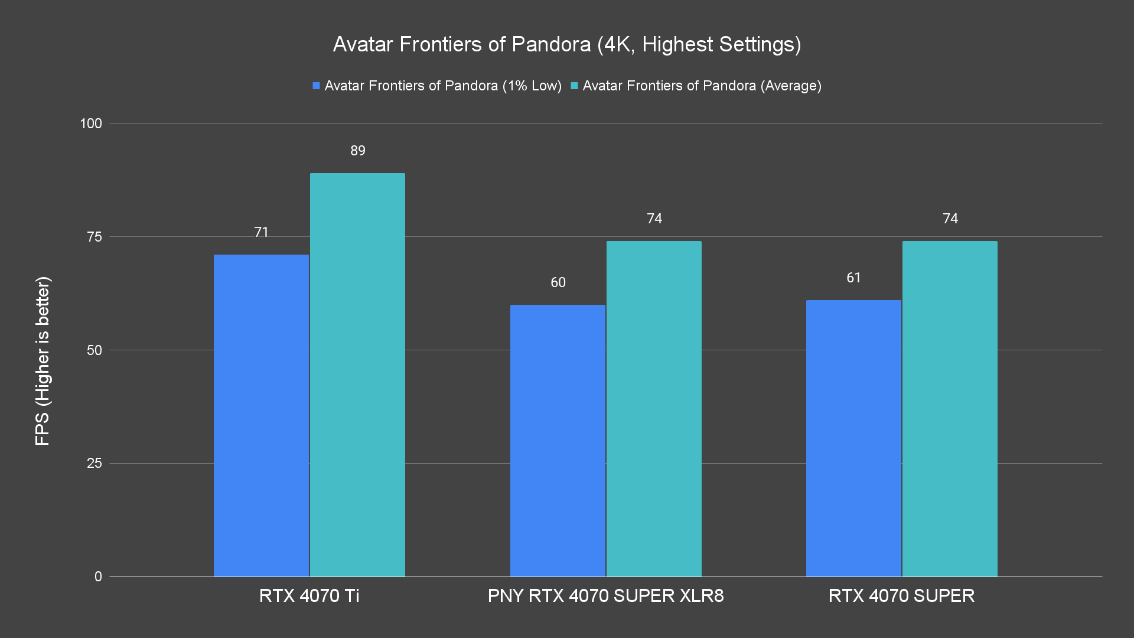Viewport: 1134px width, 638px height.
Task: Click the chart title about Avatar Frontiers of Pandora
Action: [x=567, y=44]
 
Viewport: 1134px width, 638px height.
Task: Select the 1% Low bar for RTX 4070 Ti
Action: [x=261, y=415]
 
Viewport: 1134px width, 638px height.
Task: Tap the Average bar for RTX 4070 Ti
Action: [x=357, y=375]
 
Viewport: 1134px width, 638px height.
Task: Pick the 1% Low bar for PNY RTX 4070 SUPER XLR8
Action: [x=558, y=440]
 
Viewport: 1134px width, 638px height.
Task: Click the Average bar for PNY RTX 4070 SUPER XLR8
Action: [x=654, y=409]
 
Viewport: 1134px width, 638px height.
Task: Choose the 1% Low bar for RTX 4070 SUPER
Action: [x=853, y=438]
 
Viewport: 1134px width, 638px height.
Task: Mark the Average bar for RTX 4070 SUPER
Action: [x=950, y=409]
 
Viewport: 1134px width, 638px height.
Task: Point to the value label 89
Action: [x=358, y=151]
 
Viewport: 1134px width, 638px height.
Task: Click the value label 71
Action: [x=262, y=232]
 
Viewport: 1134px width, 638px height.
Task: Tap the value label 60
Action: [x=558, y=282]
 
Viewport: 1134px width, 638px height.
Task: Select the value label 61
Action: [x=854, y=278]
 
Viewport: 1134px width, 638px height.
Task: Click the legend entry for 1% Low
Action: [x=437, y=86]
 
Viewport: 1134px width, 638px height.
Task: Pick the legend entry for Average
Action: [x=696, y=86]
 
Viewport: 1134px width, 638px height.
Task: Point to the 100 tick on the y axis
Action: [x=91, y=123]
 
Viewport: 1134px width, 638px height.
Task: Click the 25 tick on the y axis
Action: [x=94, y=463]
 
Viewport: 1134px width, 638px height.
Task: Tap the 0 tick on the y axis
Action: [x=98, y=577]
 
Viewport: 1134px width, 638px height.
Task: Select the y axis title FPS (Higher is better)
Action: [x=43, y=360]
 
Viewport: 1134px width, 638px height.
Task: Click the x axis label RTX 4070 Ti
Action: [x=309, y=595]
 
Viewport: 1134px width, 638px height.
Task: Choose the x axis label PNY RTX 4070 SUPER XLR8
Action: [x=605, y=595]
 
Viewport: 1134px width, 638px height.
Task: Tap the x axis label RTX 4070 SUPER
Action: [x=901, y=595]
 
